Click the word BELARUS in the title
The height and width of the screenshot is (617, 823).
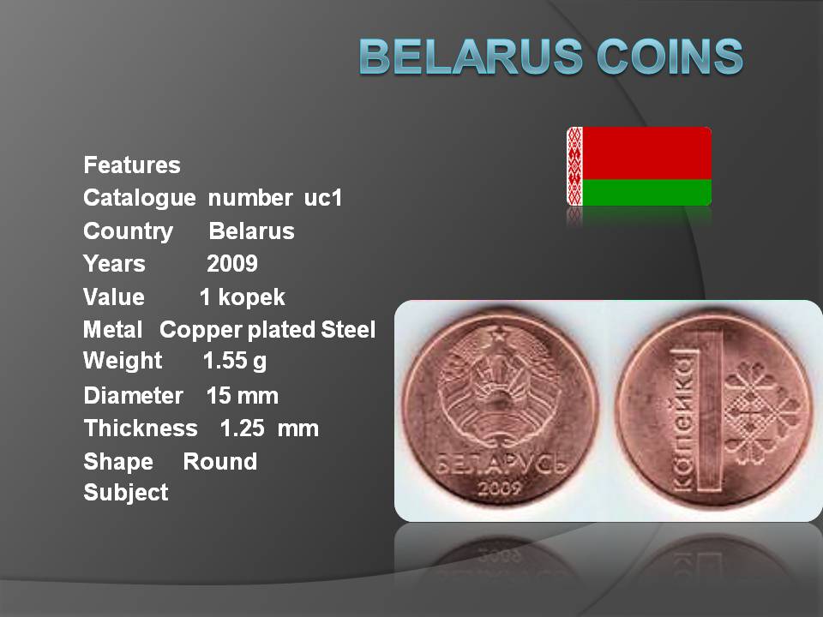[472, 57]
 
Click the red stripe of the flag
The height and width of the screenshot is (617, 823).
[646, 153]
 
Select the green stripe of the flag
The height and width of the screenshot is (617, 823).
[646, 193]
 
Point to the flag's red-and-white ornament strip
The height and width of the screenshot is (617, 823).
[574, 166]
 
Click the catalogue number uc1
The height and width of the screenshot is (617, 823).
[323, 198]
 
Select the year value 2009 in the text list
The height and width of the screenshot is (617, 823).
[232, 264]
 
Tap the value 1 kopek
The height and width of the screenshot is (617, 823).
[242, 297]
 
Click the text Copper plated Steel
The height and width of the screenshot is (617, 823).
[267, 330]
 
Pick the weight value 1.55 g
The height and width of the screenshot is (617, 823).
[235, 362]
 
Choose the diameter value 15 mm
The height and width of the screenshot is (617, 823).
[242, 396]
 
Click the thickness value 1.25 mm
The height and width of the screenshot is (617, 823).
[269, 428]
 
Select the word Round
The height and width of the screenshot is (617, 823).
[220, 462]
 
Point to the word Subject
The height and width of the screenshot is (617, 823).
[126, 493]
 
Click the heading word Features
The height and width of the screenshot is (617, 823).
[132, 165]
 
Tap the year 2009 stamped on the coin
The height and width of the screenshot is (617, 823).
[499, 488]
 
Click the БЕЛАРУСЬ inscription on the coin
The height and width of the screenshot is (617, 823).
[502, 464]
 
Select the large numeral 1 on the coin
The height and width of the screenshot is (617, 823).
[709, 412]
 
